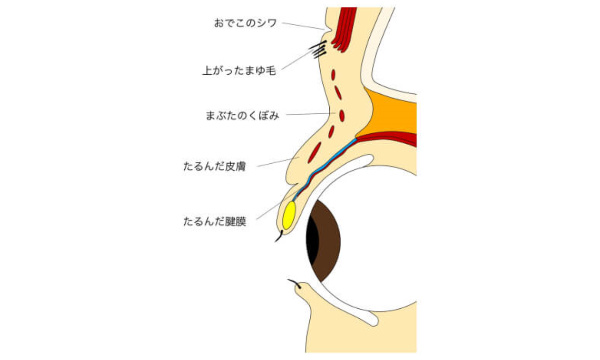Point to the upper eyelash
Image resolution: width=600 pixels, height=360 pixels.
[278, 238]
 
